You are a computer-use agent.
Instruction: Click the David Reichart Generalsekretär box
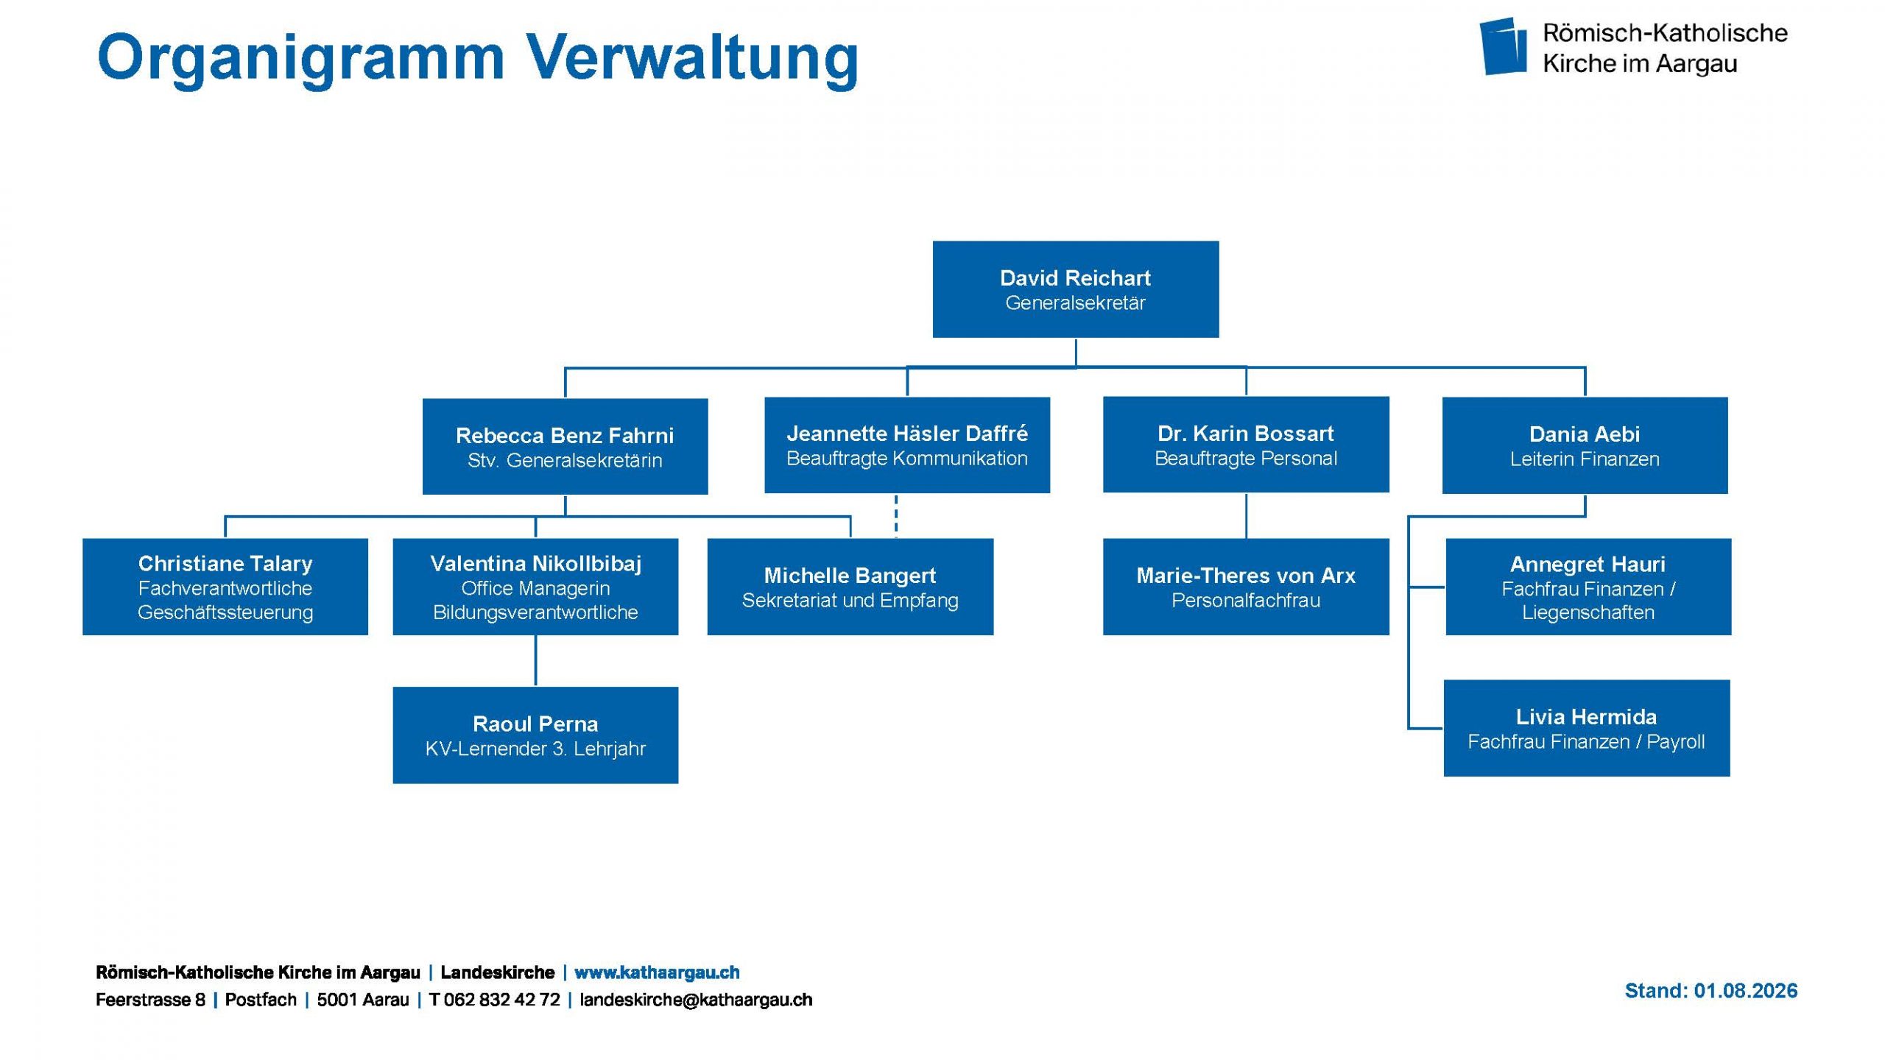pos(1075,289)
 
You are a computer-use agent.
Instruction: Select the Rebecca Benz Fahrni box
pos(565,446)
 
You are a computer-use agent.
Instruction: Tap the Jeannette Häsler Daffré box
pos(907,445)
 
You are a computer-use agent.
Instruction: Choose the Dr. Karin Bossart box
pos(1246,445)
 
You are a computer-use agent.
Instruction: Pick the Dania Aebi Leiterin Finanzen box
pos(1585,445)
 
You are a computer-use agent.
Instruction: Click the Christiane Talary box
pos(225,587)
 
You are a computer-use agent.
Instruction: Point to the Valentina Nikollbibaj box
pos(535,587)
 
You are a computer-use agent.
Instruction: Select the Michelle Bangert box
pos(850,587)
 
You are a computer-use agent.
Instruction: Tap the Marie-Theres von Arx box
pos(1246,587)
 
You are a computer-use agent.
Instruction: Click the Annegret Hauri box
pos(1588,587)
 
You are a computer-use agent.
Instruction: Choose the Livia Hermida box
pos(1587,728)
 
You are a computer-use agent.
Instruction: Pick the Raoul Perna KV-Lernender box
pos(535,735)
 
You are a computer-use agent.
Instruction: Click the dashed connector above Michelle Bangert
pos(896,516)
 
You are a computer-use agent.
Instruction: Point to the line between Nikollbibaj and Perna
pos(535,660)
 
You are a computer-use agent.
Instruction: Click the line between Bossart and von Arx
pos(1246,515)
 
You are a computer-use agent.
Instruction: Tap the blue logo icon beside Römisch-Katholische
pos(1503,46)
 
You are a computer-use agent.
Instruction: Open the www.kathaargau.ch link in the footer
pos(657,972)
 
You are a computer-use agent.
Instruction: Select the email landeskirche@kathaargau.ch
pos(696,1000)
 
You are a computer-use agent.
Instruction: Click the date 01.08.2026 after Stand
pos(1746,991)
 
